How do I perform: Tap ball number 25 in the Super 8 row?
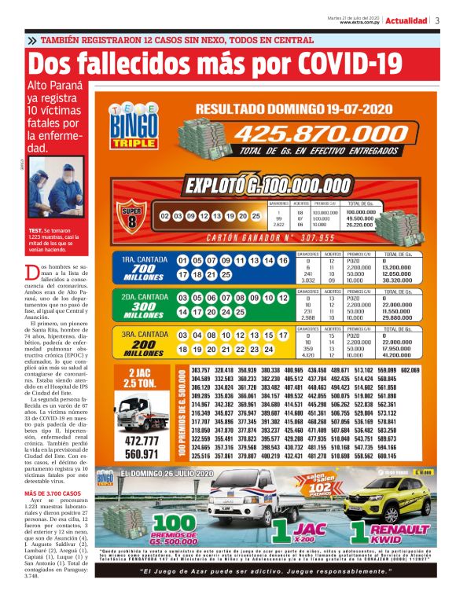point(256,215)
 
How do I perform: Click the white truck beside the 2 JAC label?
point(143,412)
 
